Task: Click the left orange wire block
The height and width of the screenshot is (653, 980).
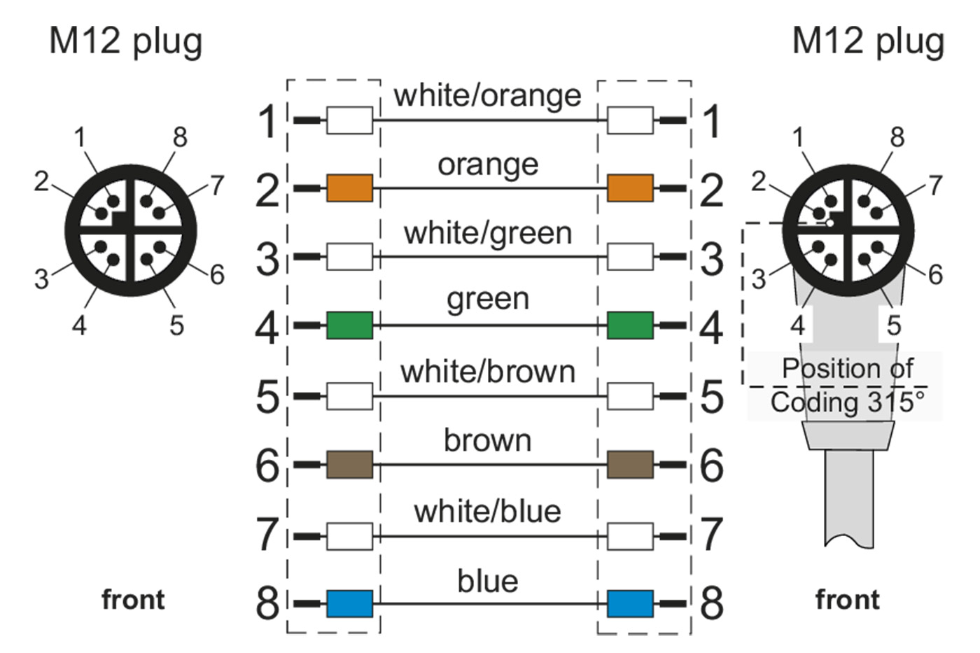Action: click(x=349, y=188)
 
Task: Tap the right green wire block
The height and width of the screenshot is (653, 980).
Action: click(x=630, y=325)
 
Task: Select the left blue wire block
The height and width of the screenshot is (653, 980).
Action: click(x=349, y=603)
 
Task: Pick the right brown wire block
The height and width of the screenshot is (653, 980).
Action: click(x=630, y=464)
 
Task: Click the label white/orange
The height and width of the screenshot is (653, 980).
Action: click(x=487, y=95)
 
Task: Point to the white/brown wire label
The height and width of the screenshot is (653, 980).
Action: click(x=487, y=372)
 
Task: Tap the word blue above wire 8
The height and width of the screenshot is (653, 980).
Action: click(x=487, y=581)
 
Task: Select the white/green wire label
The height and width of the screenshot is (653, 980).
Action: click(x=487, y=233)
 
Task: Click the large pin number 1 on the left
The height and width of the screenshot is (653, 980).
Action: click(x=268, y=120)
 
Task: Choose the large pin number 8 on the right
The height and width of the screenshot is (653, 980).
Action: click(x=712, y=603)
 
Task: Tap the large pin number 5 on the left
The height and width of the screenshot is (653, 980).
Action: click(x=268, y=396)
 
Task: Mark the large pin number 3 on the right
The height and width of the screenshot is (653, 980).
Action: click(x=712, y=258)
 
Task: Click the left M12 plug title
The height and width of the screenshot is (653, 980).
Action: click(x=126, y=42)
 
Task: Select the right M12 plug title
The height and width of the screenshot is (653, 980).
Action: click(x=868, y=42)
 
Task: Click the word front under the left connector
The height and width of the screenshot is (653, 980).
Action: click(x=133, y=600)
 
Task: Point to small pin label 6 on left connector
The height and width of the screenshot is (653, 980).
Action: click(x=217, y=275)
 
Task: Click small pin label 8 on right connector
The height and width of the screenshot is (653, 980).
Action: click(x=897, y=137)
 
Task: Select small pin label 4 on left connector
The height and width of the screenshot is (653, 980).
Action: click(x=79, y=325)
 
